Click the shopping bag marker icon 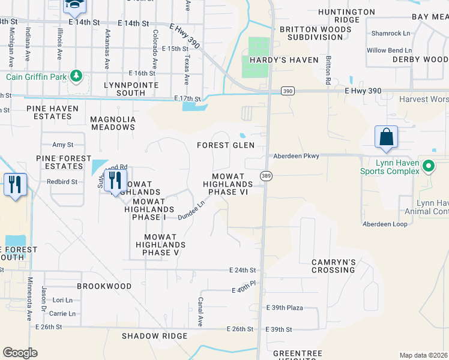(387, 137)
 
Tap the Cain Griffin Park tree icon (76, 76)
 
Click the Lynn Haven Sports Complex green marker (428, 166)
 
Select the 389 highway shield (265, 175)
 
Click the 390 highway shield (288, 90)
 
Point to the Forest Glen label (226, 145)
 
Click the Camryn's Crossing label (334, 266)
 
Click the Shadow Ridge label (155, 336)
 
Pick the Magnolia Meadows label (112, 123)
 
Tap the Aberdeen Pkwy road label (295, 155)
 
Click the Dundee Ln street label (191, 209)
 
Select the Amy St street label (62, 145)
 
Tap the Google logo (20, 353)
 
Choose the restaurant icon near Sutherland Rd (114, 180)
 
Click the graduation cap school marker (75, 5)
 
